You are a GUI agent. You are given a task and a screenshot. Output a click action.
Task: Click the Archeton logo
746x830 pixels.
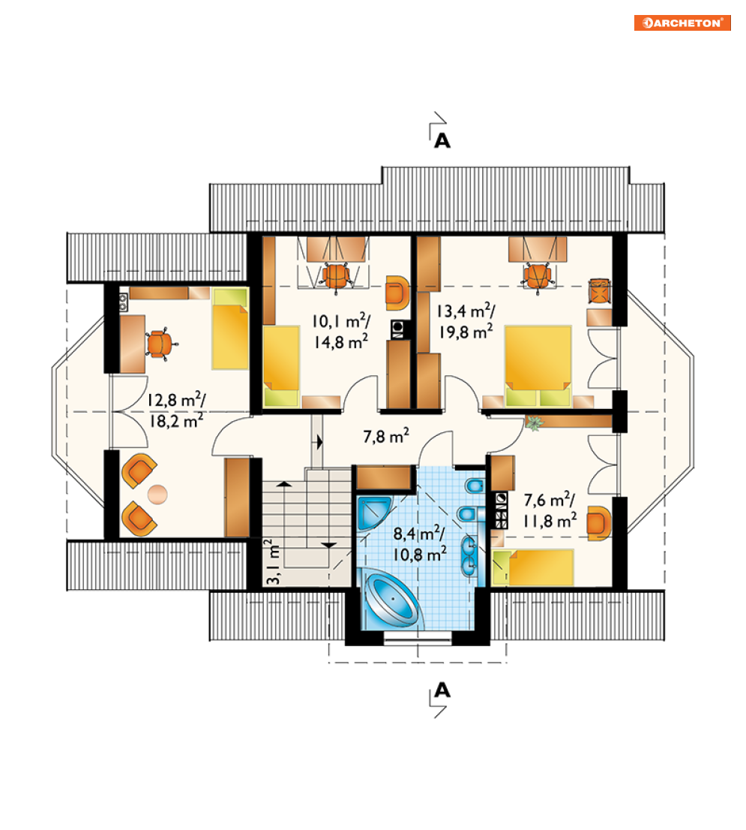click(x=682, y=23)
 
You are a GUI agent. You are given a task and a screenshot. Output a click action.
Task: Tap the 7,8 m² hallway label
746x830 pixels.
click(x=386, y=436)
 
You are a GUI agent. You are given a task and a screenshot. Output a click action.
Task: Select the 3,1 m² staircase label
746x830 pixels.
click(x=273, y=561)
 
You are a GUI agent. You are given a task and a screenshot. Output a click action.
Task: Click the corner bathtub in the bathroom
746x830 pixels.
click(x=392, y=599)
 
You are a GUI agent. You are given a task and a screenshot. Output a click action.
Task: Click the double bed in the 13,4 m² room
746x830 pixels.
click(x=538, y=365)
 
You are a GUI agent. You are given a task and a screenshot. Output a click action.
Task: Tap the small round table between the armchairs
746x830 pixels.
click(x=157, y=495)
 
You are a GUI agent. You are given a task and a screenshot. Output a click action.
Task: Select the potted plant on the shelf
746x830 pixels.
click(x=534, y=423)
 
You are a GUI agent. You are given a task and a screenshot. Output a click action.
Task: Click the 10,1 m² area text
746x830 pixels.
click(x=341, y=320)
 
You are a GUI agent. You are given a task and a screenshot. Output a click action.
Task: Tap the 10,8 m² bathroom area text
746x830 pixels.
click(x=419, y=554)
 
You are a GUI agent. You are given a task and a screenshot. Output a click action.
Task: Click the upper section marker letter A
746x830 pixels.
click(x=442, y=141)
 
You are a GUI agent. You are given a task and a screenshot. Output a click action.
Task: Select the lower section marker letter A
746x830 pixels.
click(x=442, y=690)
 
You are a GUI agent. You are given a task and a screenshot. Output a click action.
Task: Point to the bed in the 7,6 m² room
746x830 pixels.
click(x=533, y=567)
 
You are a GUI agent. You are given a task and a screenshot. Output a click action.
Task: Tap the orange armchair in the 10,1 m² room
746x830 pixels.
click(x=397, y=292)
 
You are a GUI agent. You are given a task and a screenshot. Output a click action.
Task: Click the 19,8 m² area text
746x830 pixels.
click(x=466, y=332)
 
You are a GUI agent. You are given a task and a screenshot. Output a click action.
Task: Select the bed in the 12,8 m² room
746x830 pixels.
click(x=230, y=328)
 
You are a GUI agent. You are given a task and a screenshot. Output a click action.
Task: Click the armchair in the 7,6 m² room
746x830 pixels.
click(x=598, y=523)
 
